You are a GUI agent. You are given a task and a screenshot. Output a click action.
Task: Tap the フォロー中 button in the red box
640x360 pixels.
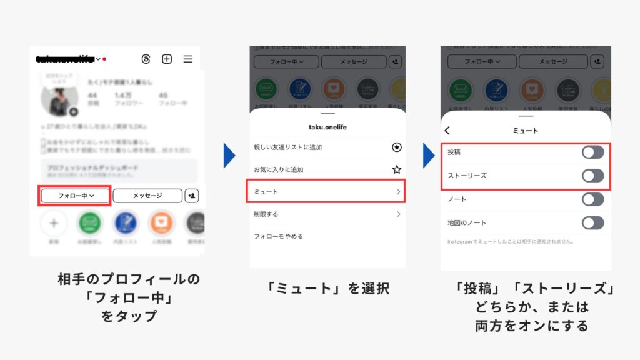76,196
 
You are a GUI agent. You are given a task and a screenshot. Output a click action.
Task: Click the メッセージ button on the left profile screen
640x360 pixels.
147,196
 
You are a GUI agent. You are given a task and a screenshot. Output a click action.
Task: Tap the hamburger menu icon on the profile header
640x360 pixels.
187,59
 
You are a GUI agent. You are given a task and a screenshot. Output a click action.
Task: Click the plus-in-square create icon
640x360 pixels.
167,59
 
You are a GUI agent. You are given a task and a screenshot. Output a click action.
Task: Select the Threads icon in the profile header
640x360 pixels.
146,59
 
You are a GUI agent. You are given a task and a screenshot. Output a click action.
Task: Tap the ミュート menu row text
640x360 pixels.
266,192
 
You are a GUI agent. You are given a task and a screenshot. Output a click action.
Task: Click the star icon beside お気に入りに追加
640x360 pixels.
396,169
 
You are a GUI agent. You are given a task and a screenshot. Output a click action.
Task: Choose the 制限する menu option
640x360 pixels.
266,214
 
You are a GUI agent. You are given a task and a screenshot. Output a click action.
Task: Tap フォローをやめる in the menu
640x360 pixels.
279,236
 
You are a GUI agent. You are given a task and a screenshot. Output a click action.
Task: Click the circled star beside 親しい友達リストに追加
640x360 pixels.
396,147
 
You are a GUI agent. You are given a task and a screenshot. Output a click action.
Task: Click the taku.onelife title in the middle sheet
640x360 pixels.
327,127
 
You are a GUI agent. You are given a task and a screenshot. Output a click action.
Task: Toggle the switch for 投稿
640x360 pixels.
592,152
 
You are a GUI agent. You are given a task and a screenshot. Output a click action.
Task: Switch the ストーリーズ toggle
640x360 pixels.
592,176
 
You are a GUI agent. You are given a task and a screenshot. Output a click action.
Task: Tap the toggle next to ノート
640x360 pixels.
592,199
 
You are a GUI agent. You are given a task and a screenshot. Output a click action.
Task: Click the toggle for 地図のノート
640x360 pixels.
592,223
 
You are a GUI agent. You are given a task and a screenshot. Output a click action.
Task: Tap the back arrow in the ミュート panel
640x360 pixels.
447,131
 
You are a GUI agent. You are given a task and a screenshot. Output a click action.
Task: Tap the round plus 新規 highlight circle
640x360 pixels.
54,222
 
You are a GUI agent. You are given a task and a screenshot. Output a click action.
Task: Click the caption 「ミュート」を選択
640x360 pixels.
327,289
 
